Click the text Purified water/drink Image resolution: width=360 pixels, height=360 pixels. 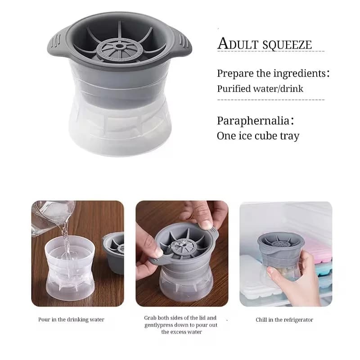260,89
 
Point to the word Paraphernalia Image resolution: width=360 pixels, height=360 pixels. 253,121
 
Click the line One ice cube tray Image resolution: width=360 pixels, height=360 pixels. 258,136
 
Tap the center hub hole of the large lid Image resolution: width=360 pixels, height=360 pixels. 119,46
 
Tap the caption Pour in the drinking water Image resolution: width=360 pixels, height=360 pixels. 71,319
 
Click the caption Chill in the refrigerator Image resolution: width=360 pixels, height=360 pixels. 284,320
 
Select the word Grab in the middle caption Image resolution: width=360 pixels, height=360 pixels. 150,318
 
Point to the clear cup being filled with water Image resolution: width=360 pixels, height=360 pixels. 70,268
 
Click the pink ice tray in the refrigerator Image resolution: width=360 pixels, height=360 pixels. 318,249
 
